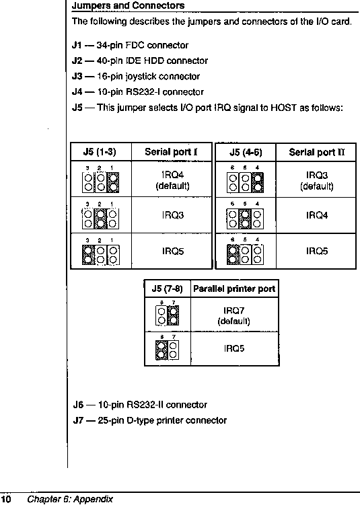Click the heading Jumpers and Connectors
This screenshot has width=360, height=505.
click(x=128, y=5)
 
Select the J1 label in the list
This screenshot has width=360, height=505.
click(x=77, y=45)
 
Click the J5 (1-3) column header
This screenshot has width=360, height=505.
click(x=100, y=152)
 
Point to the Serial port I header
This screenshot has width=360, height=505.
click(x=171, y=152)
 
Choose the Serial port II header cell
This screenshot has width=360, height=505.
click(x=316, y=152)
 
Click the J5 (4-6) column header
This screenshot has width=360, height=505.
click(x=246, y=152)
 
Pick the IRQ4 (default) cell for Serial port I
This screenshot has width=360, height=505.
click(x=172, y=181)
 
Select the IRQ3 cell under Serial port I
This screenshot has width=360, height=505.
click(x=173, y=215)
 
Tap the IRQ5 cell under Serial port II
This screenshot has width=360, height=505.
click(x=317, y=251)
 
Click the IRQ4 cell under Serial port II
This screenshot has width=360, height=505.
click(x=317, y=215)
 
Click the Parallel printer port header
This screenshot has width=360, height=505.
click(x=234, y=288)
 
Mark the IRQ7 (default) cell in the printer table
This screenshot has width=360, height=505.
click(x=233, y=315)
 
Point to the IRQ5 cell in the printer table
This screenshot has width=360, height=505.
click(x=234, y=348)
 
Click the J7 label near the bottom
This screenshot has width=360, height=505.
click(x=77, y=421)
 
